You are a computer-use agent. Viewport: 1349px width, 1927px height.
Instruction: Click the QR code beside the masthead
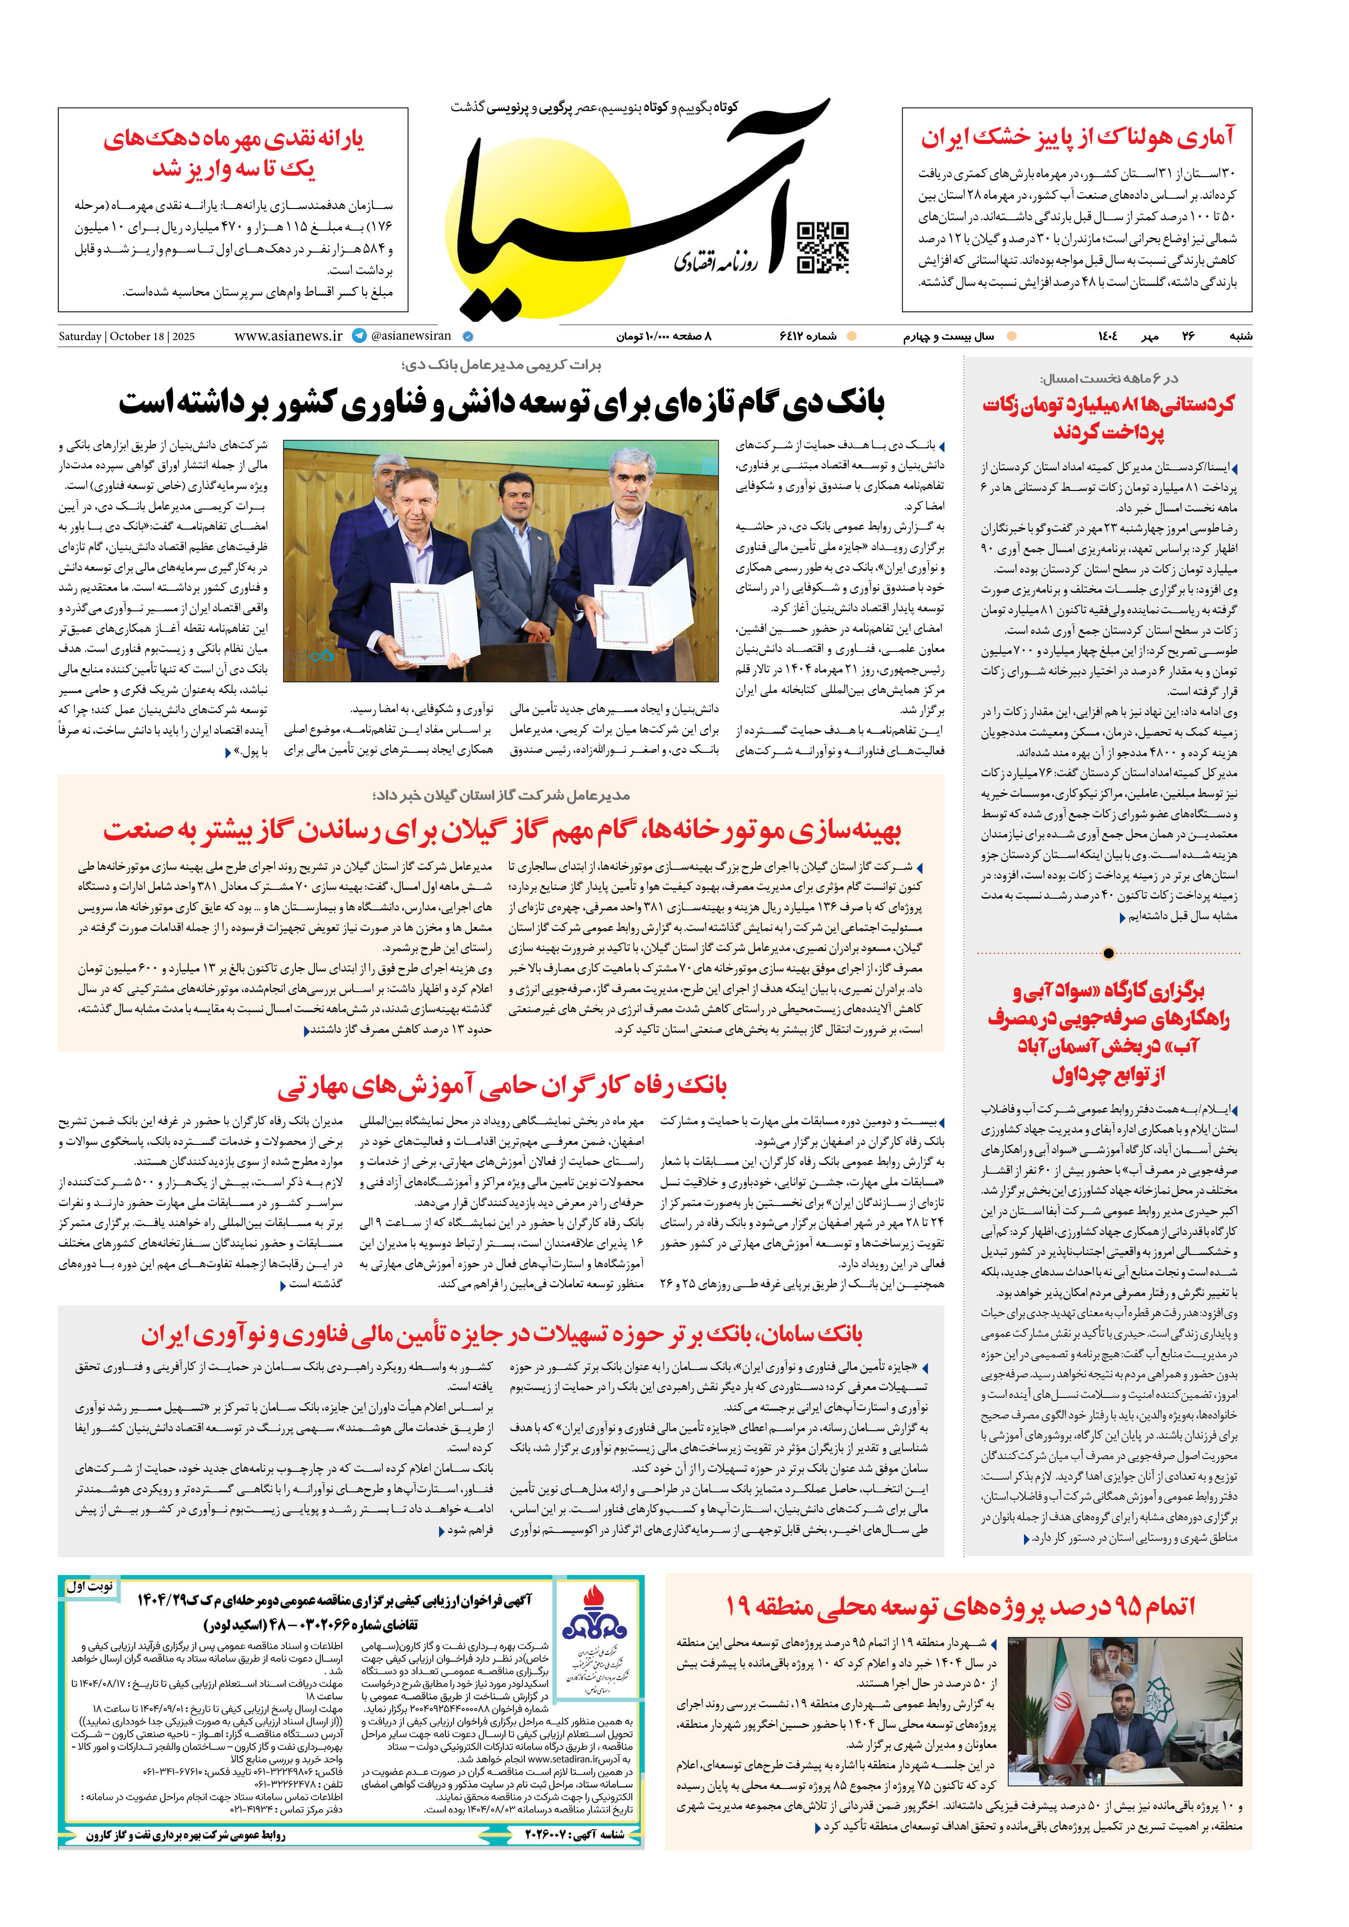[x=822, y=248]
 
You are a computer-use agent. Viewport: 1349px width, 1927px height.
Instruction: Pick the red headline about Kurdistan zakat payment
[x=1108, y=417]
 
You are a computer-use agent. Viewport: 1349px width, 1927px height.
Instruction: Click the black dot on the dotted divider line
[x=1108, y=952]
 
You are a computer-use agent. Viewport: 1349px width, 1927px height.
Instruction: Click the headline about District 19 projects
[x=959, y=1605]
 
